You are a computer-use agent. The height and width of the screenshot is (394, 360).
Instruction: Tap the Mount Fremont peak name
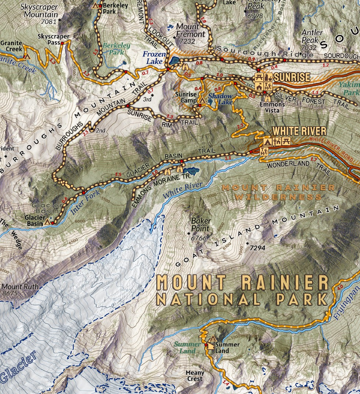click(x=190, y=30)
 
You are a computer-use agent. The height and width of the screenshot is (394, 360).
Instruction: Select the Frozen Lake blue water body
click(x=174, y=60)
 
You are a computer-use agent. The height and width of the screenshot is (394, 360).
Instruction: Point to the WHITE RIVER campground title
click(x=299, y=131)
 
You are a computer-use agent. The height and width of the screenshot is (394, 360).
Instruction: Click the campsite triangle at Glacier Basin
click(x=47, y=222)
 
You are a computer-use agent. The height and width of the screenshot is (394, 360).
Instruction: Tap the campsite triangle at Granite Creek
click(x=26, y=56)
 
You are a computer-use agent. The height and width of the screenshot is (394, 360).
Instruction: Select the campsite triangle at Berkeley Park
click(x=96, y=6)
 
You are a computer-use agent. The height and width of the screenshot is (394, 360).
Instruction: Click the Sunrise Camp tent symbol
click(x=202, y=100)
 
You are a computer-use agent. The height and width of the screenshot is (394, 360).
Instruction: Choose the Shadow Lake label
click(x=221, y=98)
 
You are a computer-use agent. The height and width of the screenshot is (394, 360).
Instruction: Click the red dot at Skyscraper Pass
click(x=62, y=43)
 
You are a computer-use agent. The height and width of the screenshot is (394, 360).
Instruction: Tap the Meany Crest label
click(x=195, y=376)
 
